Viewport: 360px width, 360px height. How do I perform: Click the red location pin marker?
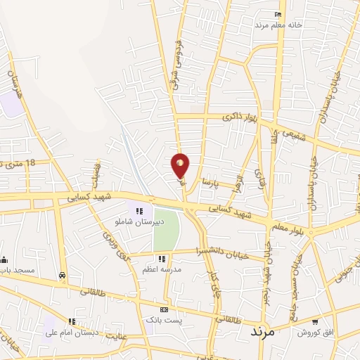pyautogui.click(x=181, y=166)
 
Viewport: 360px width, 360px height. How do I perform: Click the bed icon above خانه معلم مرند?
pyautogui.click(x=279, y=15)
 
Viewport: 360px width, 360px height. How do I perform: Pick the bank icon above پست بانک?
pyautogui.click(x=164, y=309)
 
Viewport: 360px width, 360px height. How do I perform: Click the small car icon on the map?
pyautogui.click(x=63, y=276)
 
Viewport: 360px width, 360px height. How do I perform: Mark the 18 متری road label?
pyautogui.click(x=19, y=165)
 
